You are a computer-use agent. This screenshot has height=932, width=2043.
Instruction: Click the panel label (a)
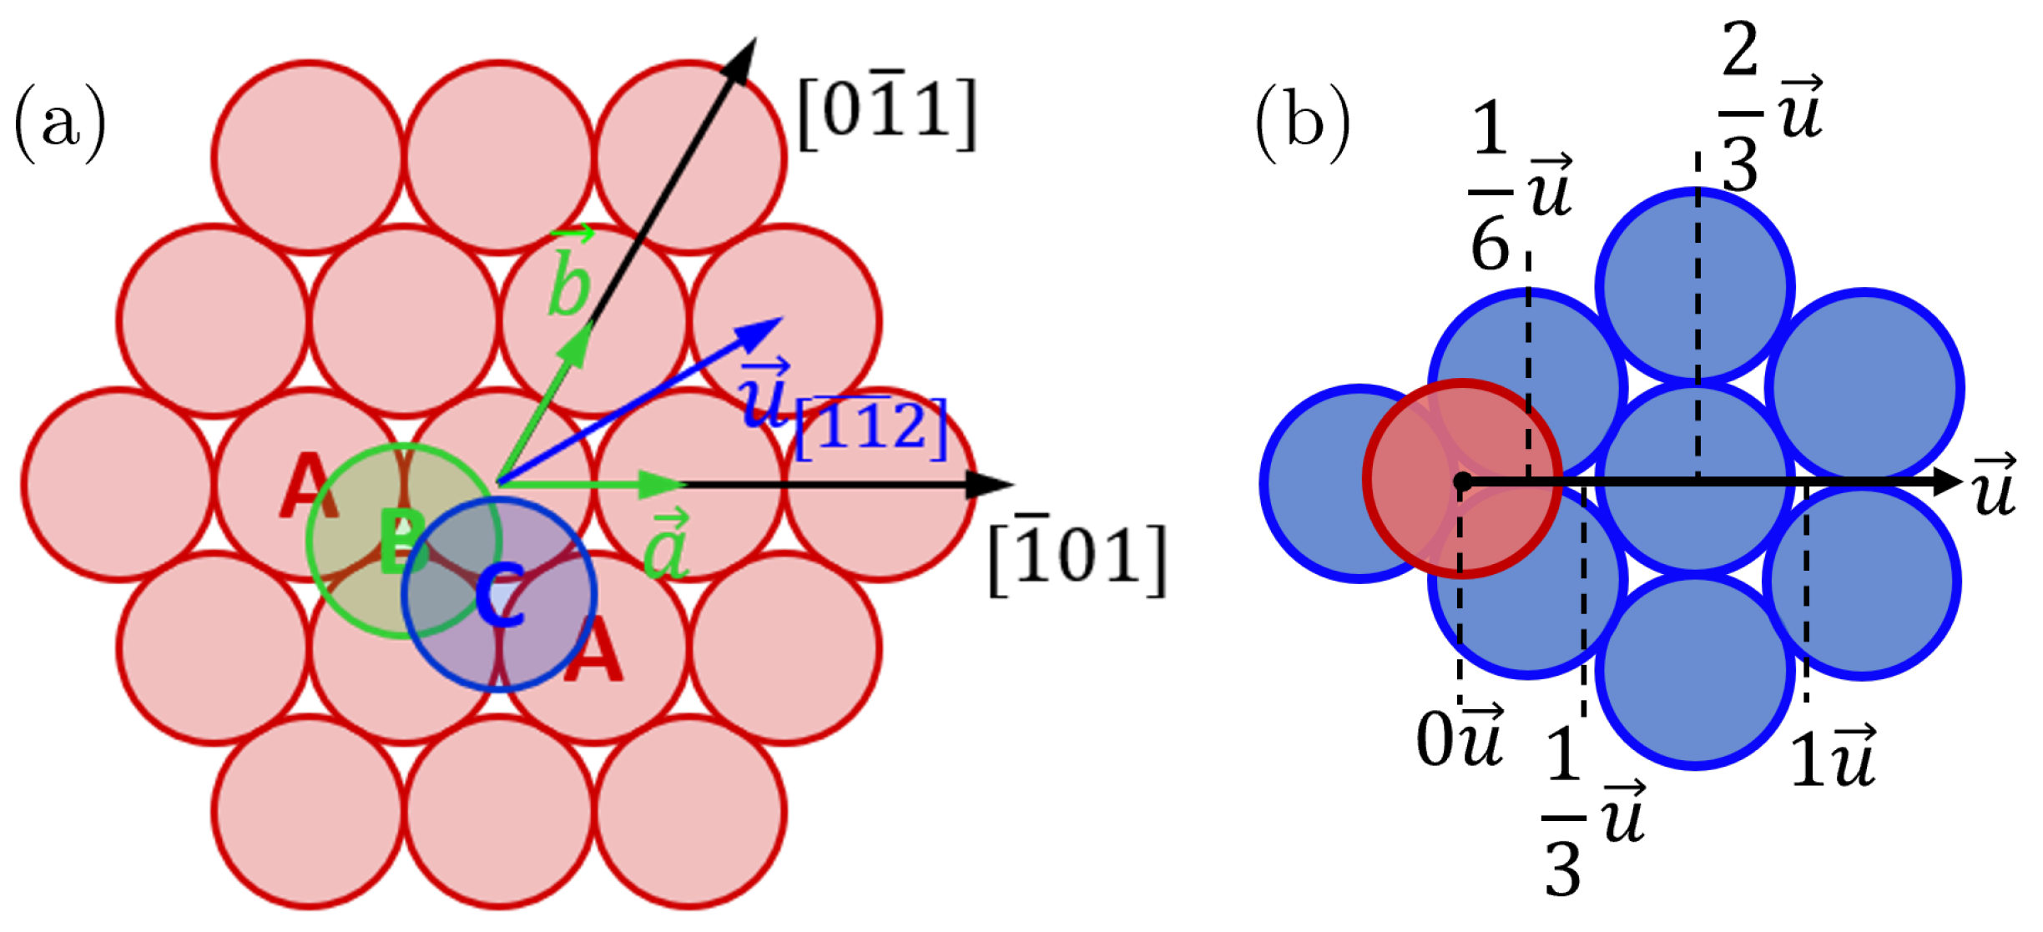pos(60,123)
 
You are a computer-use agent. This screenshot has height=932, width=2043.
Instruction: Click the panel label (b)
pos(1303,123)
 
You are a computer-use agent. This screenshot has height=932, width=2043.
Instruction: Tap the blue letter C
pos(500,595)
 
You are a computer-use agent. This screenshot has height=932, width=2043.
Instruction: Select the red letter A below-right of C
pos(593,652)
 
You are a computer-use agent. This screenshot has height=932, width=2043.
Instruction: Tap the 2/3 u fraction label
pos(1769,108)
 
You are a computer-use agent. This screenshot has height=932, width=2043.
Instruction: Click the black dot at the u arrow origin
pos(1462,481)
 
